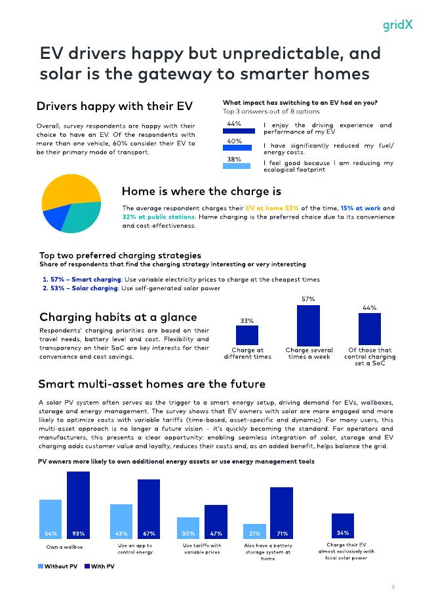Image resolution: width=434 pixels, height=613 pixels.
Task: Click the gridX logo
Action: pos(397,24)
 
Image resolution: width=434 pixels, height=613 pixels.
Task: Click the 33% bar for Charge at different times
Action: pos(247,335)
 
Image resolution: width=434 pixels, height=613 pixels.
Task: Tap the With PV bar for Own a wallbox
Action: pos(78,505)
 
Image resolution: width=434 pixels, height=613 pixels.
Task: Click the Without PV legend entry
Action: pos(58,567)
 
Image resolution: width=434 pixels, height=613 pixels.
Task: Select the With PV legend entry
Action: pos(100,567)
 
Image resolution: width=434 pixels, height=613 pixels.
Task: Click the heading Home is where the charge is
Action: pos(201,191)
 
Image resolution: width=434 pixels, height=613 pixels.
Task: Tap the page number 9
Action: pos(393,587)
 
